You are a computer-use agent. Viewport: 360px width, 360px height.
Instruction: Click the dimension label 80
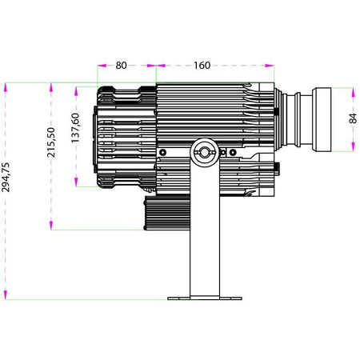pos(121,66)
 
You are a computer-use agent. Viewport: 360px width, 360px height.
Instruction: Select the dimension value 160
pos(202,66)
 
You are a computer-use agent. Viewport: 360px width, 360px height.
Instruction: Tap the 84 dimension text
pos(353,118)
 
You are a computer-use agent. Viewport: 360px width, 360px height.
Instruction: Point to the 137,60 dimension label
pos(75,128)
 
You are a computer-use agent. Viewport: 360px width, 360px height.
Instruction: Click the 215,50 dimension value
pos(51,142)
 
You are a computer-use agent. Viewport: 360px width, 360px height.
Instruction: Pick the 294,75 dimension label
pos(6,177)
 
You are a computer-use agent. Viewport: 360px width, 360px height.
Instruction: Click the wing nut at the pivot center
pos(205,152)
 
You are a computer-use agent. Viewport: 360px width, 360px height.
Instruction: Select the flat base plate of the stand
pos(205,298)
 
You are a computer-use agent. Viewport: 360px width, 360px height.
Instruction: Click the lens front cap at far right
pos(322,120)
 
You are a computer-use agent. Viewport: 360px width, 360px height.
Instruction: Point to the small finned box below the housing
pos(167,213)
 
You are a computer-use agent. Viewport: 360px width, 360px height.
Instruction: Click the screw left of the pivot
pos(162,153)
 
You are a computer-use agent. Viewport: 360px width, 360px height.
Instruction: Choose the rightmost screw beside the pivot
pos(233,153)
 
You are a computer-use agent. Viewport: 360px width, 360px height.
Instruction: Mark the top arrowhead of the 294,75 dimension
pos(6,88)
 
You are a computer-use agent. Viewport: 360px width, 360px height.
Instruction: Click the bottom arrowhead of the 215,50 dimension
pos(51,225)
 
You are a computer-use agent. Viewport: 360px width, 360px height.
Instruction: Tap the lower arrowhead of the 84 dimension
pos(354,146)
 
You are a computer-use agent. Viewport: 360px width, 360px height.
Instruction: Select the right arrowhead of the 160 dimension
pos(270,66)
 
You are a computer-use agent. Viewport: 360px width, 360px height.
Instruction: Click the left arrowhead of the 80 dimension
pos(102,66)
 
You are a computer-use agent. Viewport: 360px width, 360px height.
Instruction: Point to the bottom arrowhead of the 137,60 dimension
pos(76,182)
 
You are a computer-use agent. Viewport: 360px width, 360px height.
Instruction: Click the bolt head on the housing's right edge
pos(277,169)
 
